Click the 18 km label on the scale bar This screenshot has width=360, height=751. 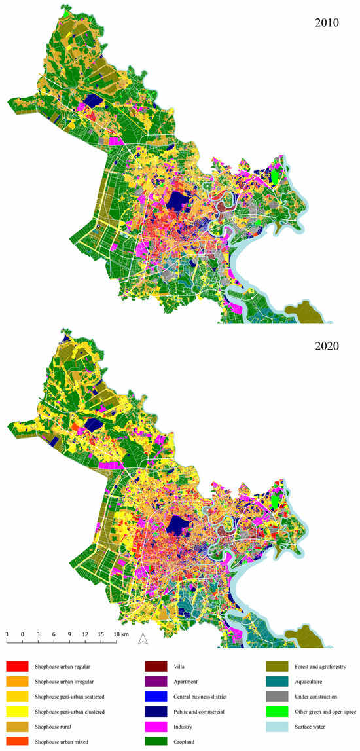[x=121, y=634]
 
